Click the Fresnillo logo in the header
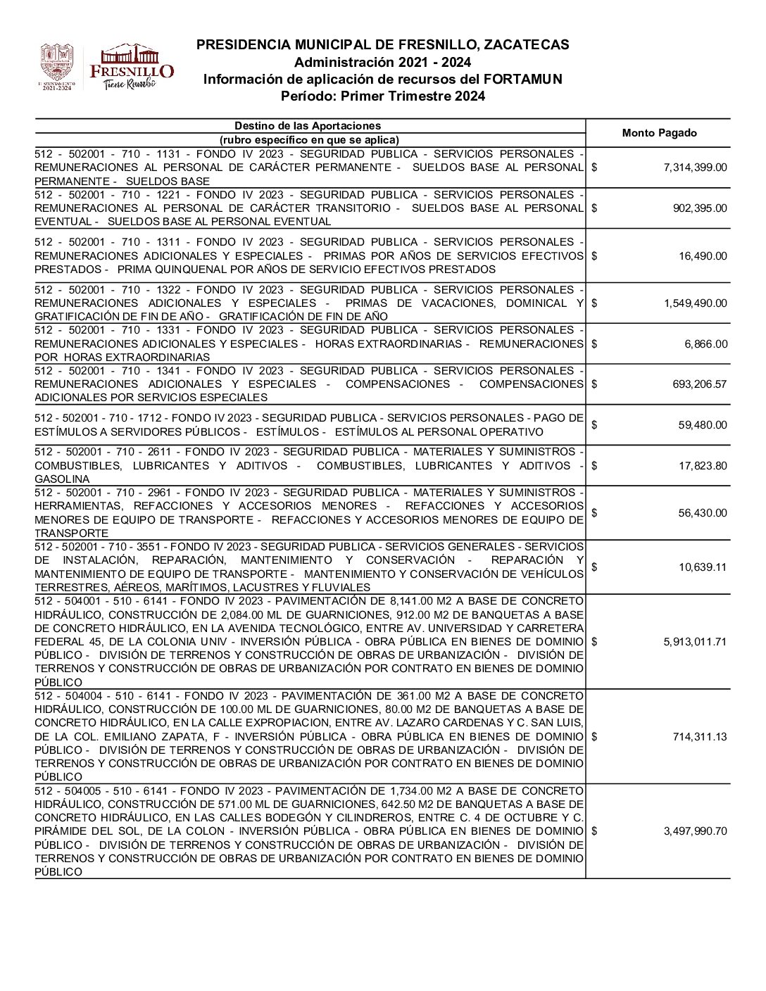[x=132, y=67]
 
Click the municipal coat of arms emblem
[x=56, y=67]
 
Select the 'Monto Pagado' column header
[x=659, y=133]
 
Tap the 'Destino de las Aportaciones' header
[x=308, y=126]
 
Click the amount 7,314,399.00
[x=695, y=168]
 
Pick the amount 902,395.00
[x=700, y=208]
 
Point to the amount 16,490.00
[x=703, y=256]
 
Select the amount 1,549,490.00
[x=695, y=303]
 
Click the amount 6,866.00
[x=705, y=344]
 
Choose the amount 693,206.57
[x=700, y=384]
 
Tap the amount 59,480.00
[x=703, y=425]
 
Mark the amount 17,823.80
[x=703, y=465]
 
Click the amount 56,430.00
[x=703, y=513]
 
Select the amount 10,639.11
[x=703, y=567]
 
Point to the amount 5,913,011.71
[x=695, y=642]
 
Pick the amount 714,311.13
[x=700, y=737]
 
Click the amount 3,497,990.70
[x=695, y=831]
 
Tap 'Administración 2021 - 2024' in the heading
[x=382, y=63]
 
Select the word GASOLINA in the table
[x=62, y=479]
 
